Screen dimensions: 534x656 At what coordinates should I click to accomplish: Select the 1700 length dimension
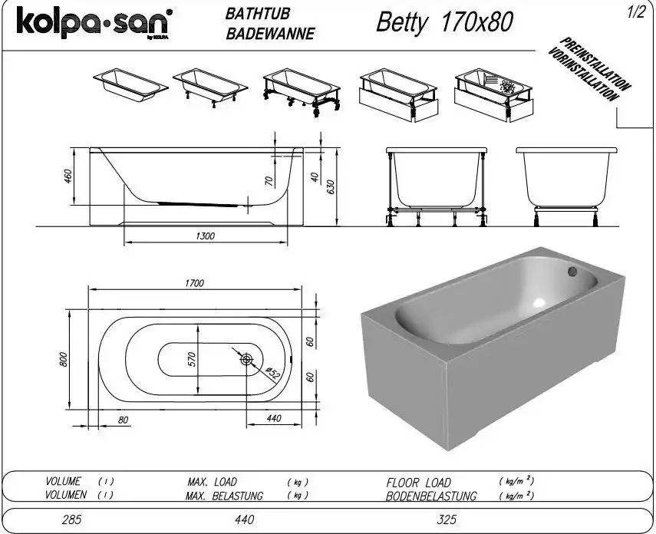point(194,283)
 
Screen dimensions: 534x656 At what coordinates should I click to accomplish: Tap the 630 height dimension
point(331,187)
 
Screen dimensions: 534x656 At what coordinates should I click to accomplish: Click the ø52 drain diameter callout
point(270,375)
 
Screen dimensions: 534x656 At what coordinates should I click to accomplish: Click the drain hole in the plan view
point(246,359)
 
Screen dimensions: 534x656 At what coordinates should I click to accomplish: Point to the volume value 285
point(71,519)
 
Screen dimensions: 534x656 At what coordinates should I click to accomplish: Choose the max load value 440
point(244,519)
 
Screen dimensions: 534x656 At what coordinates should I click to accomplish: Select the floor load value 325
point(446,519)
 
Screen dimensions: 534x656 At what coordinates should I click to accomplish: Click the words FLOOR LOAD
point(418,483)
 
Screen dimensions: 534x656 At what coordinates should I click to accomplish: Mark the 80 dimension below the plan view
point(122,419)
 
